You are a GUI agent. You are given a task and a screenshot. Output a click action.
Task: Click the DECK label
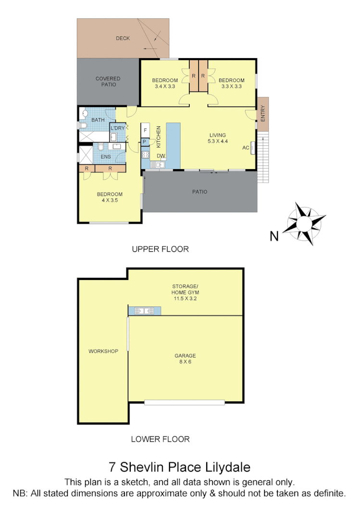123,38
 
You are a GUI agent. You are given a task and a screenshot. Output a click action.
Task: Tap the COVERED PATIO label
108,82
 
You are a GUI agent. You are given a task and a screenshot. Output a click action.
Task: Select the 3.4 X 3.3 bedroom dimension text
165,87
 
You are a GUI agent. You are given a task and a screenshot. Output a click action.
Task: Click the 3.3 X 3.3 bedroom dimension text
231,87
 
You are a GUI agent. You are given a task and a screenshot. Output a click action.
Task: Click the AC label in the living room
246,147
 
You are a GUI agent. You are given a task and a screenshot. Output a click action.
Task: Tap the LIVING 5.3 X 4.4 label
217,138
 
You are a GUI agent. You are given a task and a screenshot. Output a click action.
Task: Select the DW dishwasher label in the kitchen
161,156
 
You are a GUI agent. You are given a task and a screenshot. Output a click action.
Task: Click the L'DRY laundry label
118,128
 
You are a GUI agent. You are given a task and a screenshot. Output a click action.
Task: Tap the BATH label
98,120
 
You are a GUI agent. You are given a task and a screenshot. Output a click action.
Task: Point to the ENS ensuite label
105,157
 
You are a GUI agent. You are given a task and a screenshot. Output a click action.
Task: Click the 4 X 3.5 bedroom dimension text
110,201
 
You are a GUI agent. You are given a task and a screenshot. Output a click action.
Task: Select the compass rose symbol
306,224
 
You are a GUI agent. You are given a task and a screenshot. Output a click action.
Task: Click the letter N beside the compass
274,236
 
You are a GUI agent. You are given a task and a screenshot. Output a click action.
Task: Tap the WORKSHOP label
103,351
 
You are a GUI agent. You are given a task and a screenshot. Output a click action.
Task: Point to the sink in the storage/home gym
145,311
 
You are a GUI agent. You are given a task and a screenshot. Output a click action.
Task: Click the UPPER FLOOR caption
160,249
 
